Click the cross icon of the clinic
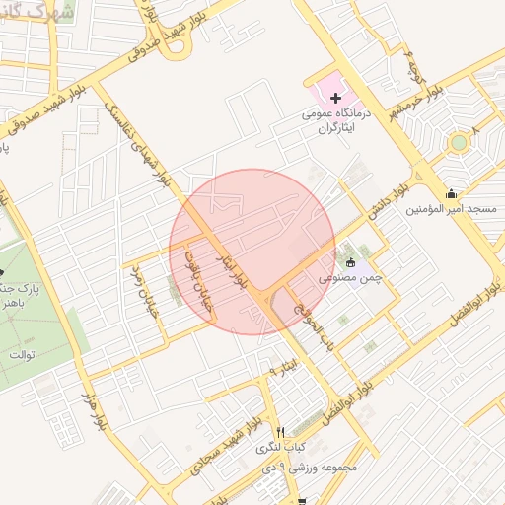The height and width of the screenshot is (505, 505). pos(335,98)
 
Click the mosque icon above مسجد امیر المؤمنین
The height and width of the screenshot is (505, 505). pos(452,193)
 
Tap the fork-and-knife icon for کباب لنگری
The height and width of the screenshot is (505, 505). pos(281,432)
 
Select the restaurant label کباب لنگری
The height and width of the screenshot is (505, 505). pos(281,448)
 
